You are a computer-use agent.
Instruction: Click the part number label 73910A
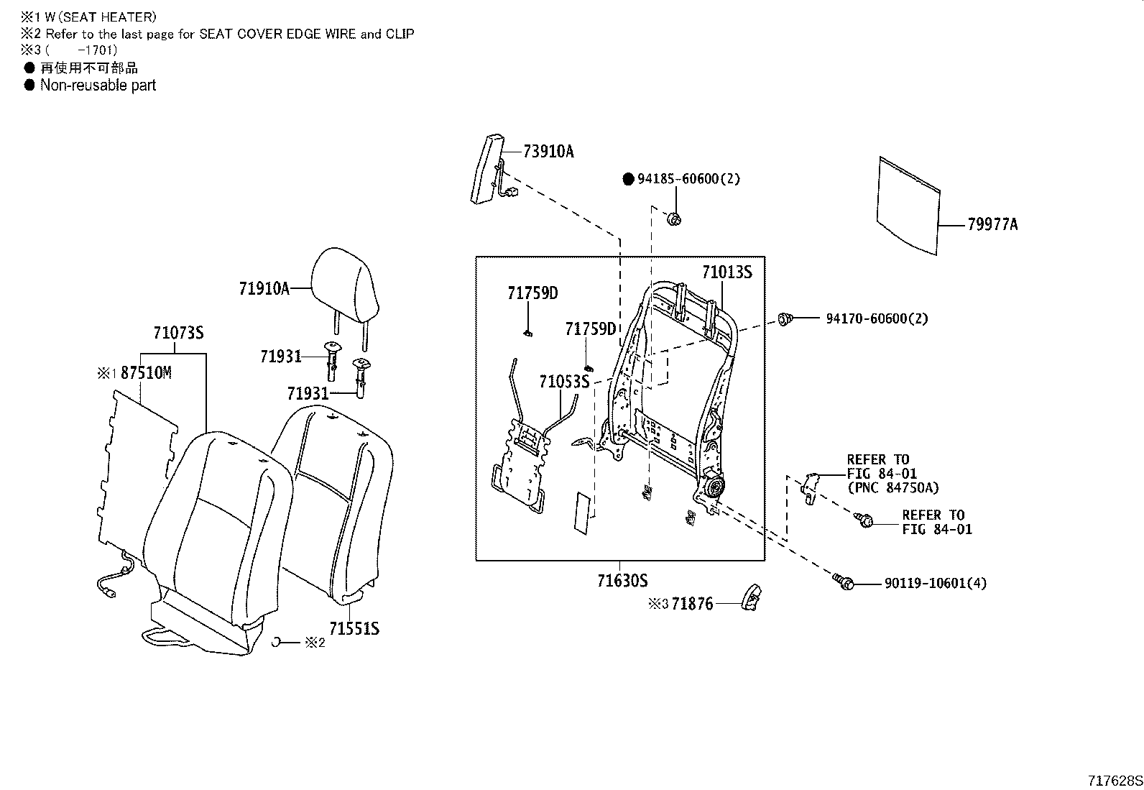pyautogui.click(x=548, y=152)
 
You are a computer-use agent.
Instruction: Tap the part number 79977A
pyautogui.click(x=992, y=225)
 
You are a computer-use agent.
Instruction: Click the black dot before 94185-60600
pyautogui.click(x=627, y=179)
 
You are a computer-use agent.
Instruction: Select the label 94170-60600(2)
pyautogui.click(x=877, y=318)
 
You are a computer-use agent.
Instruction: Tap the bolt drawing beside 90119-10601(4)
pyautogui.click(x=843, y=582)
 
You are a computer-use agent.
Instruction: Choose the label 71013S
pyautogui.click(x=726, y=272)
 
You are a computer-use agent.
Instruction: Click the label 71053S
pyautogui.click(x=564, y=382)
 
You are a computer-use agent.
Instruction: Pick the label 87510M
pyautogui.click(x=146, y=373)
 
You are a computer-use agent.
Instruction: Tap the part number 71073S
pyautogui.click(x=178, y=333)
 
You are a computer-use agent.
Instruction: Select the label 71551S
pyautogui.click(x=354, y=629)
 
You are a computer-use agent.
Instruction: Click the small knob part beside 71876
pyautogui.click(x=750, y=597)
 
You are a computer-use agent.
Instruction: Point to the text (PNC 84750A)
pyautogui.click(x=892, y=488)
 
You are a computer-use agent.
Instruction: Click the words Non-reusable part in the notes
pyautogui.click(x=98, y=86)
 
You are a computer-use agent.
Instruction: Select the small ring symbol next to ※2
pyautogui.click(x=275, y=642)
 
